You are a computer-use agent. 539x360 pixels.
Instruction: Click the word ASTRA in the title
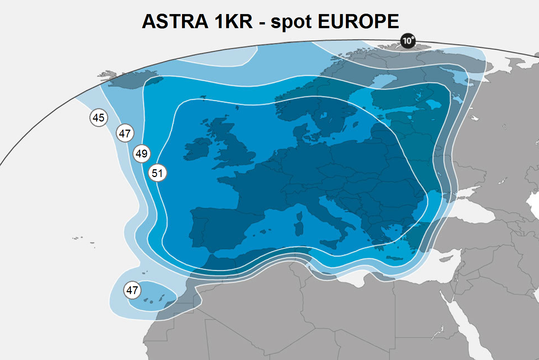point(175,21)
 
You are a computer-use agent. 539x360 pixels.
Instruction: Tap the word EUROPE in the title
point(358,21)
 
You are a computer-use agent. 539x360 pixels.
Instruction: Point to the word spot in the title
point(291,22)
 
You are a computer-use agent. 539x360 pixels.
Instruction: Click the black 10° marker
point(408,41)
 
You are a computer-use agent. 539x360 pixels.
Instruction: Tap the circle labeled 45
point(99,118)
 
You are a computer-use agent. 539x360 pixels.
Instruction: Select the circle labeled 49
point(142,153)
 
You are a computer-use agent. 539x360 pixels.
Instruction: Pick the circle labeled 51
point(158,173)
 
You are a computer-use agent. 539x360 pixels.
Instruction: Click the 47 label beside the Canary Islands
point(132,290)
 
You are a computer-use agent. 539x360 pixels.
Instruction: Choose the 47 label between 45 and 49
point(125,133)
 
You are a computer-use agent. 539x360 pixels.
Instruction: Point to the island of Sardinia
point(299,228)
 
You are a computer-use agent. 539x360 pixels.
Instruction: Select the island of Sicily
point(330,244)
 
